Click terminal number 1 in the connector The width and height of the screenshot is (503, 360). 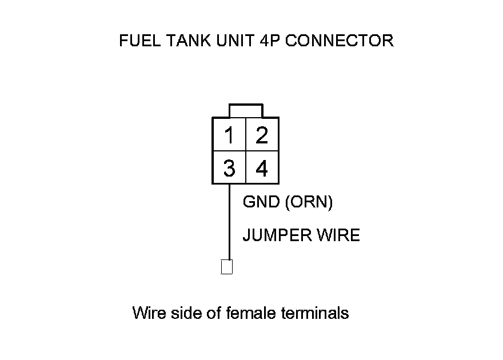229,135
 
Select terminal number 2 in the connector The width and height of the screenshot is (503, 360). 262,135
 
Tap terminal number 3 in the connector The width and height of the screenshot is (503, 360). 229,169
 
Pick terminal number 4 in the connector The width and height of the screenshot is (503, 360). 262,169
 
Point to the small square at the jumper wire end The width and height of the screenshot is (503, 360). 227,267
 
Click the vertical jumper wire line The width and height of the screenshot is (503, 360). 229,223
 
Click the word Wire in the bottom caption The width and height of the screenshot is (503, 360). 150,313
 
